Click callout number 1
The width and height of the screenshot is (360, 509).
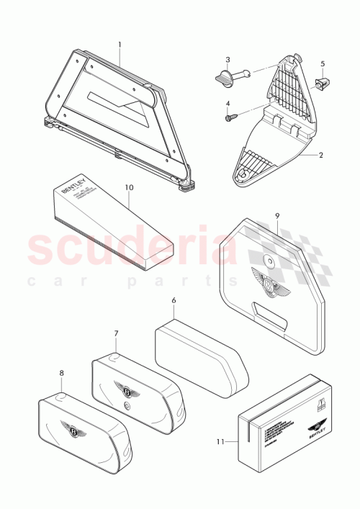click(x=120, y=44)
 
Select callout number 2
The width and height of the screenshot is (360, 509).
click(x=321, y=155)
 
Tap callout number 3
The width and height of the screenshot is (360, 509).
click(x=228, y=60)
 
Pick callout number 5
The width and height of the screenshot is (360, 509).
click(x=323, y=63)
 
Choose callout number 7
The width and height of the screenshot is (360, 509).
click(x=116, y=333)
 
